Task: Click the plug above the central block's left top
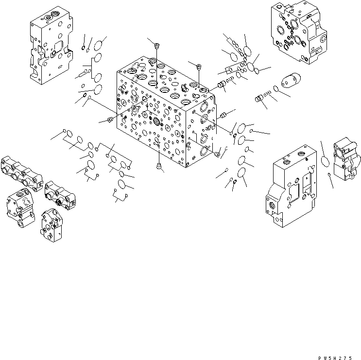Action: pos(157,46)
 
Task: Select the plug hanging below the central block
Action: pos(159,168)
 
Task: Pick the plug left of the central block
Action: pos(109,120)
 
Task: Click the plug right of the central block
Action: pos(224,115)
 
